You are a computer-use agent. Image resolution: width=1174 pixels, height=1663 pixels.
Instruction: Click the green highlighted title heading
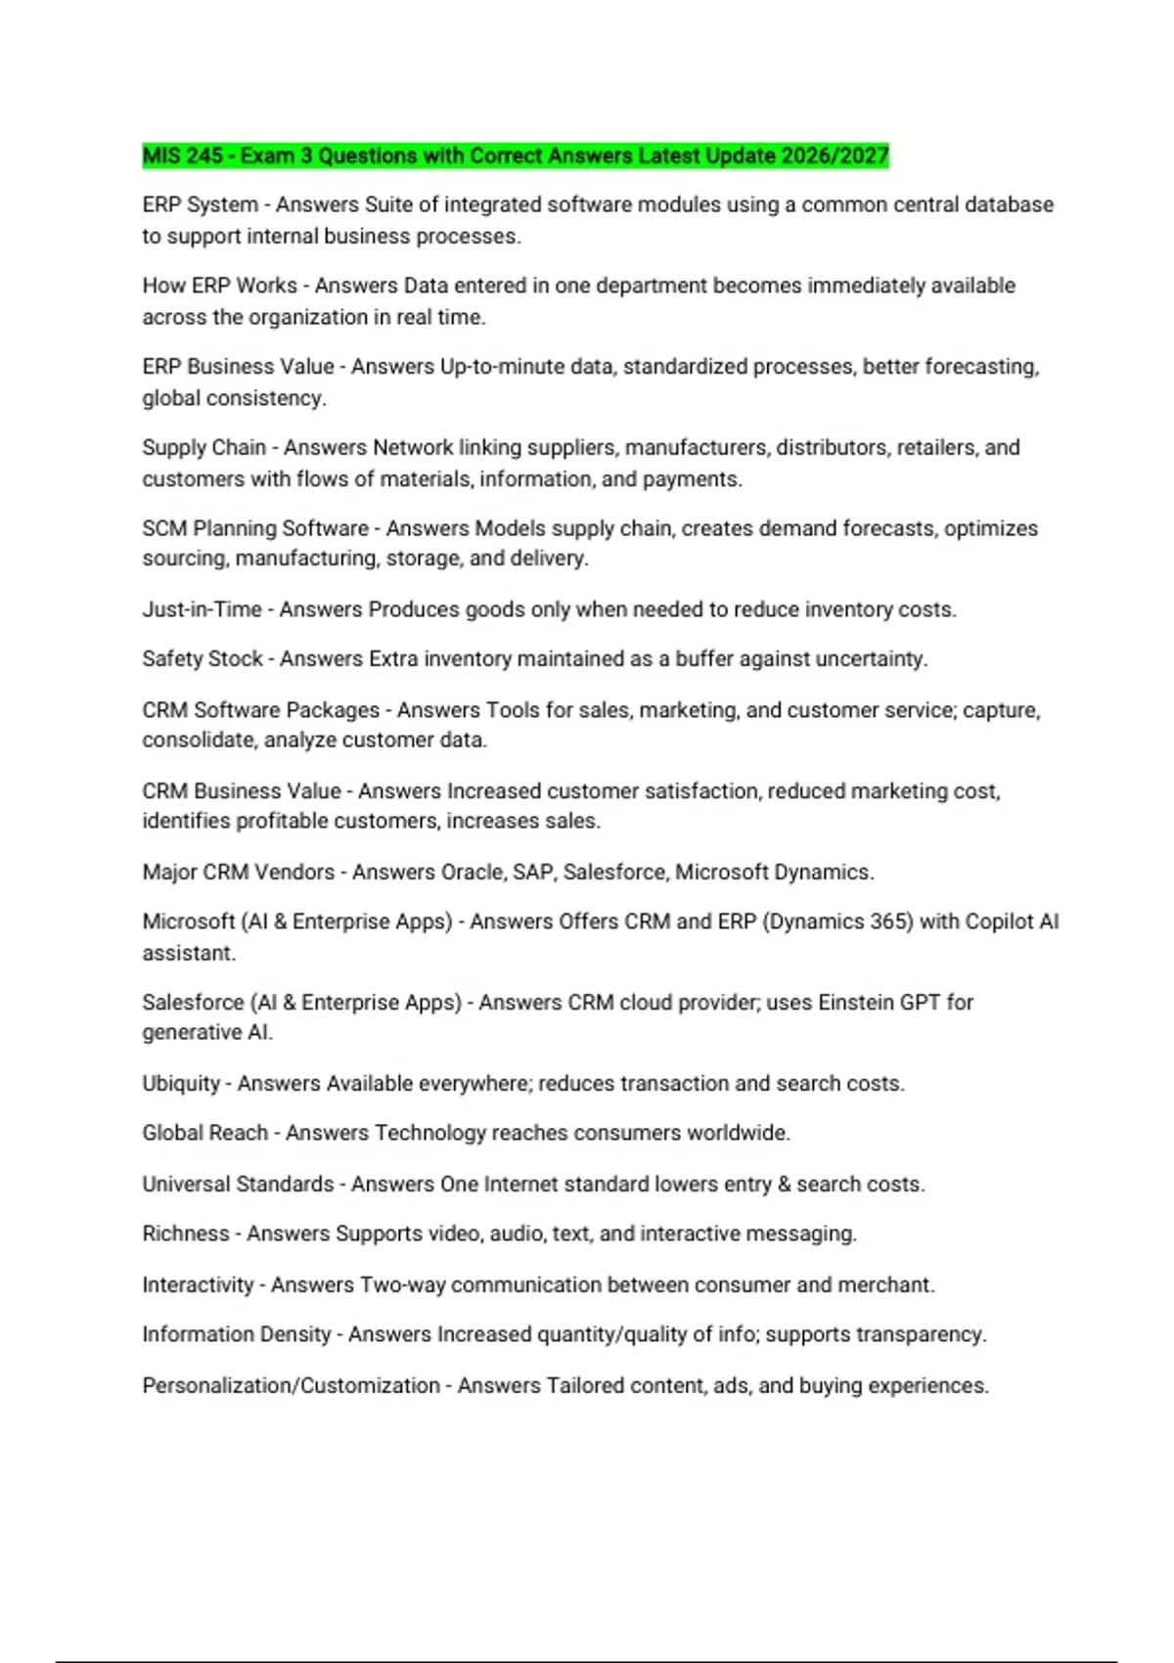pos(515,156)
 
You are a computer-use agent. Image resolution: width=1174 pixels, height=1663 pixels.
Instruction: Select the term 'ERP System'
pos(200,204)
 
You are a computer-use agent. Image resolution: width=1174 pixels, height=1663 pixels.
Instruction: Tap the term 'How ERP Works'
pos(219,286)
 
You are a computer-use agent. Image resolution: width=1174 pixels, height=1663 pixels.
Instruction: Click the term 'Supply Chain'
pos(203,447)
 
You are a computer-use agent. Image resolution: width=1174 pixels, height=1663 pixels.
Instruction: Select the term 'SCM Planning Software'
pos(254,528)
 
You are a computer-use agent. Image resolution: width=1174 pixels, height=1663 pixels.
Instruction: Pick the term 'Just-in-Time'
pos(202,609)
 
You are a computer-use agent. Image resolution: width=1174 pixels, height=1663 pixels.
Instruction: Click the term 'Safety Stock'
pos(202,659)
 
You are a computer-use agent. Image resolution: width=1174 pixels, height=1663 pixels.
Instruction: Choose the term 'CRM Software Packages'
pos(260,710)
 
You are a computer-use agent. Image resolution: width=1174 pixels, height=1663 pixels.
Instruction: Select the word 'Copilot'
pos(998,921)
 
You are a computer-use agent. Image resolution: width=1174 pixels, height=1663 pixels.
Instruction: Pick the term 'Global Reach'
pos(204,1133)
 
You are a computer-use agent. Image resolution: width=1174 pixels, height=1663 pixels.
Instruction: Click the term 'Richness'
pos(185,1234)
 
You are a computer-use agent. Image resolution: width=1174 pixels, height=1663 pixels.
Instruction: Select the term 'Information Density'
pos(236,1334)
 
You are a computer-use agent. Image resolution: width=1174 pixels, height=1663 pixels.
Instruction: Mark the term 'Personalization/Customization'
pos(291,1386)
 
